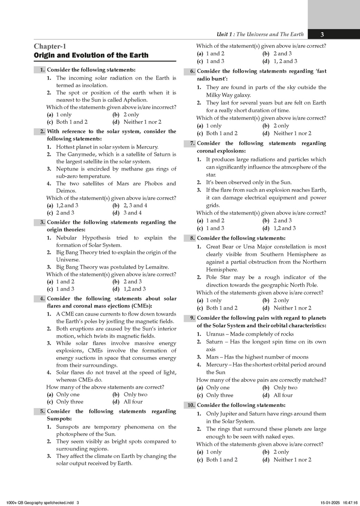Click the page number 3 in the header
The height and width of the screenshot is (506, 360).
322,34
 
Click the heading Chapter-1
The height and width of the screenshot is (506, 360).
50,46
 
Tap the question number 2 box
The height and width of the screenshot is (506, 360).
40,131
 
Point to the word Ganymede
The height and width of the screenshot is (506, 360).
81,154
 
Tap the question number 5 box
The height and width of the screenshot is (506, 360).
40,411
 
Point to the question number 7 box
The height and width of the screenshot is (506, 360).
190,143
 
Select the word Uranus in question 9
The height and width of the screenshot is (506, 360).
215,334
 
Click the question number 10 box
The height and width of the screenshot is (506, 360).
190,405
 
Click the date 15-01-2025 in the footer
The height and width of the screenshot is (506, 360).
331,502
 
